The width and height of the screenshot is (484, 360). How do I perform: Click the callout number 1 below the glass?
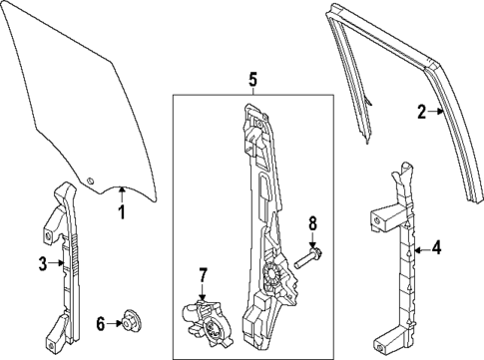coord(121,211)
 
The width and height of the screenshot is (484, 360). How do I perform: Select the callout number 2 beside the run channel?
coord(421,112)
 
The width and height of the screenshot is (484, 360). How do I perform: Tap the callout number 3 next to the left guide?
coord(43,264)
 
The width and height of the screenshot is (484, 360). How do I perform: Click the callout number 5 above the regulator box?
coord(253,78)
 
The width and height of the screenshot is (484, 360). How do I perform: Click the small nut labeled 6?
coord(128,320)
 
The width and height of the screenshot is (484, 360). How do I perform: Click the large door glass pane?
coord(80,100)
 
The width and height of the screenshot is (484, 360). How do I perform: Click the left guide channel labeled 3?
coord(65,264)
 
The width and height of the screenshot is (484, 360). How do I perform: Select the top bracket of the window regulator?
coord(253,119)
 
